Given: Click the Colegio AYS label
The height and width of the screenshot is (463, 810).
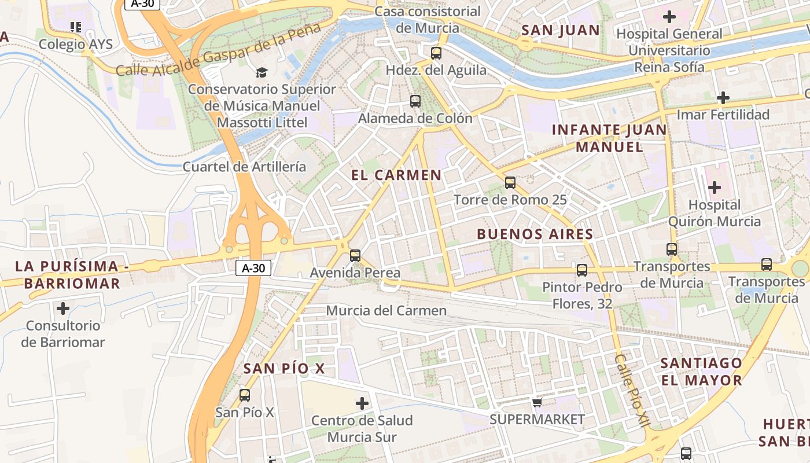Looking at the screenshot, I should [75, 44].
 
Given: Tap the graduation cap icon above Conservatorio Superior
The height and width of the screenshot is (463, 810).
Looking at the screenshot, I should [262, 72].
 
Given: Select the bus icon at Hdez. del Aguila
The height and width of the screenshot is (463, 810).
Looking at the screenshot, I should [436, 53].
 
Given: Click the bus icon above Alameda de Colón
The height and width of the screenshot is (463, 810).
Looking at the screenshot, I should [415, 101].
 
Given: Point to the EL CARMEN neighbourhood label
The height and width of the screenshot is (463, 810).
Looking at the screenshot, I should [396, 175].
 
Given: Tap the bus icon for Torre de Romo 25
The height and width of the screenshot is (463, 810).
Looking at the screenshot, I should [510, 183].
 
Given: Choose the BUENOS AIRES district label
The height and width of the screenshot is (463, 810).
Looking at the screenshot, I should [535, 234].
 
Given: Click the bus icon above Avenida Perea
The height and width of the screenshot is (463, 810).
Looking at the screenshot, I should [355, 255].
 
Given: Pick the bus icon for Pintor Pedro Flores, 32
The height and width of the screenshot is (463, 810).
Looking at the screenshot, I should [582, 270].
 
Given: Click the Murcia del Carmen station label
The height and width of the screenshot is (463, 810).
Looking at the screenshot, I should [386, 311].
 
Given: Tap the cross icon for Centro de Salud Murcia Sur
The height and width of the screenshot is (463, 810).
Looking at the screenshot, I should [362, 403].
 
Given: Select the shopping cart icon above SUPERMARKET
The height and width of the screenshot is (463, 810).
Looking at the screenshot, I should [537, 402].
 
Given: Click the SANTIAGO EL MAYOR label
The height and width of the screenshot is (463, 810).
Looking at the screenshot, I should [701, 372].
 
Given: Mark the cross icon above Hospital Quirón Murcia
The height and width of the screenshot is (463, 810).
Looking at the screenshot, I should [715, 188].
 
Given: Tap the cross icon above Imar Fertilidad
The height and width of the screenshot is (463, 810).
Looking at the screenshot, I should [723, 98].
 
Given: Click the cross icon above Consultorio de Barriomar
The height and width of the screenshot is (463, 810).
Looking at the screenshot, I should [63, 308].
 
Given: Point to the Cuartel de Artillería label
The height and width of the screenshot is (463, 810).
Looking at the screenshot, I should [244, 167].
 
